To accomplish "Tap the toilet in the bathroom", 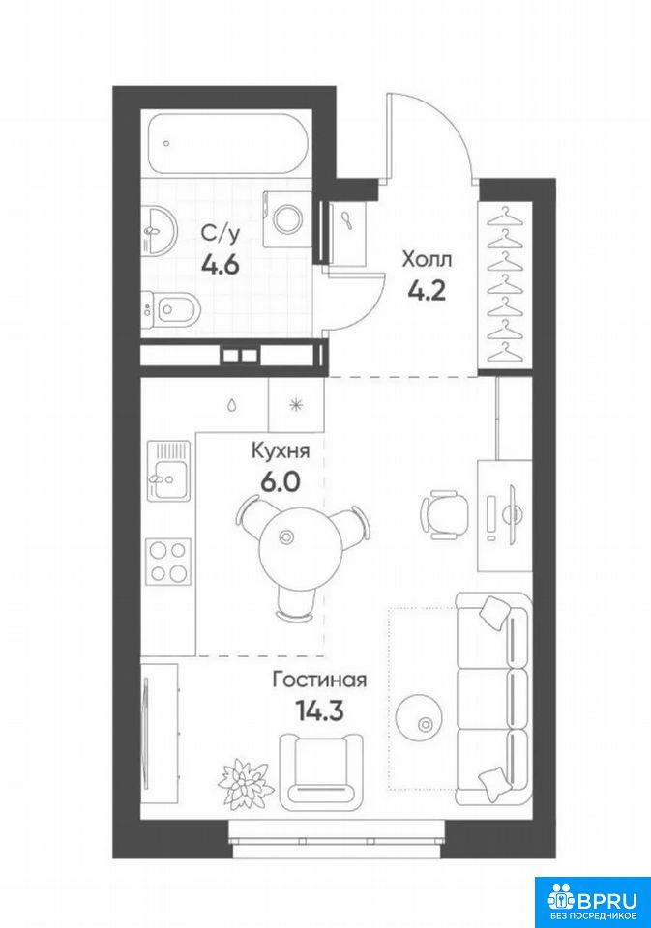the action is coord(171,308).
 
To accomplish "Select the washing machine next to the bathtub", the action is coord(288,217).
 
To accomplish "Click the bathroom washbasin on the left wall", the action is coord(159,230).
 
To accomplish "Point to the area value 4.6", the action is coord(221,265).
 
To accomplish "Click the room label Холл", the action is coord(427,259).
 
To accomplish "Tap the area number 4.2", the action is coord(427,291).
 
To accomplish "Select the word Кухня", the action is coord(281,451).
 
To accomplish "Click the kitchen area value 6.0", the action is coord(281,483).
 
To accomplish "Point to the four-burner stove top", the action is coord(169,561).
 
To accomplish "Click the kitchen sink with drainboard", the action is coord(169,471).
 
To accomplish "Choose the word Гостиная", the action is coord(319,681).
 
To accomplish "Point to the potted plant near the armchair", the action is coord(243,780).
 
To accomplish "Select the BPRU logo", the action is coord(592,902).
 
